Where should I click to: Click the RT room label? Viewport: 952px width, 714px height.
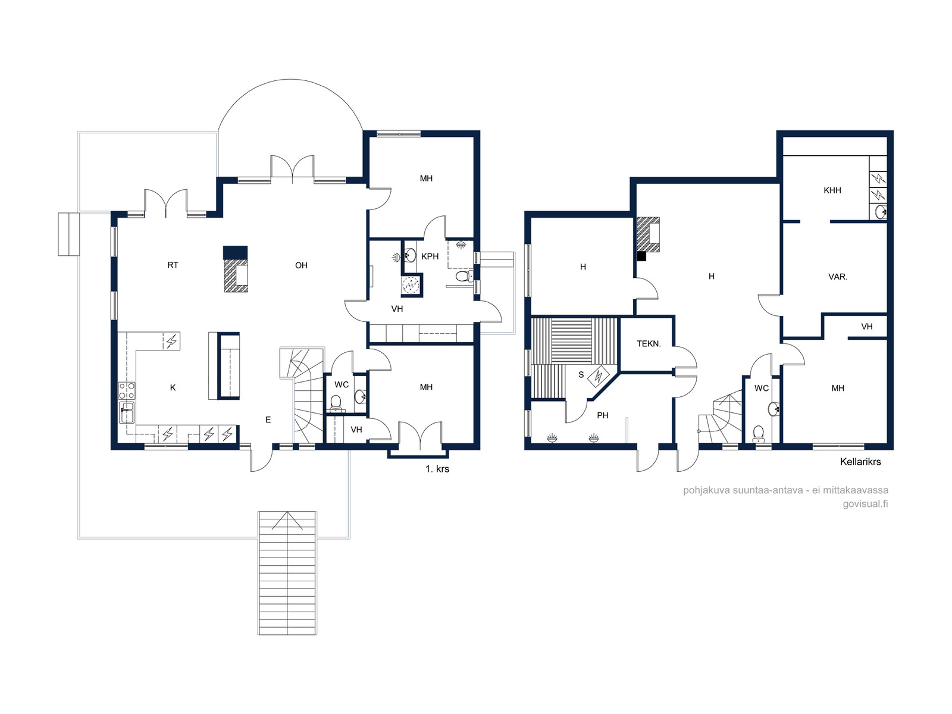(x=173, y=265)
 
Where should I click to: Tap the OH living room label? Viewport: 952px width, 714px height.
(x=301, y=265)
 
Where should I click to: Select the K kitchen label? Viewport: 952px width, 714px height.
(x=173, y=387)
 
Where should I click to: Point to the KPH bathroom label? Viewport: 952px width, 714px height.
(x=430, y=256)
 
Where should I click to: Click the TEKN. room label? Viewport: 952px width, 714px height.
(x=649, y=344)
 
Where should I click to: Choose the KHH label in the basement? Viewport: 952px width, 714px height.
(x=832, y=190)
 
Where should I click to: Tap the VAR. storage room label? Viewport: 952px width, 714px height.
(x=838, y=277)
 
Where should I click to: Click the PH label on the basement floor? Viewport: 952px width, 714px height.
(x=602, y=415)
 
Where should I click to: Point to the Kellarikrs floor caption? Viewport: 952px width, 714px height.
(x=860, y=462)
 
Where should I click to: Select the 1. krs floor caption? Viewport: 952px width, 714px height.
(x=437, y=469)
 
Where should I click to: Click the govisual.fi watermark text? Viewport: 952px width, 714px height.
(x=865, y=504)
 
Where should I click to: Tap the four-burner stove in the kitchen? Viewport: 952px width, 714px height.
(x=127, y=390)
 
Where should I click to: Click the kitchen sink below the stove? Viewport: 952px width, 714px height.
(x=127, y=412)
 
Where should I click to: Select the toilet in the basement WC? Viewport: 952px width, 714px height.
(x=758, y=434)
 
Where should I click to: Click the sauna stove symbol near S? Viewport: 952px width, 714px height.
(x=598, y=377)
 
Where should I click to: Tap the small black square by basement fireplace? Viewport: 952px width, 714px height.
(x=641, y=256)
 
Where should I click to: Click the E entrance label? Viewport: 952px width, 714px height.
(x=268, y=419)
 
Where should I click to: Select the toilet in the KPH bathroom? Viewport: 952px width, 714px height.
(x=464, y=276)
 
